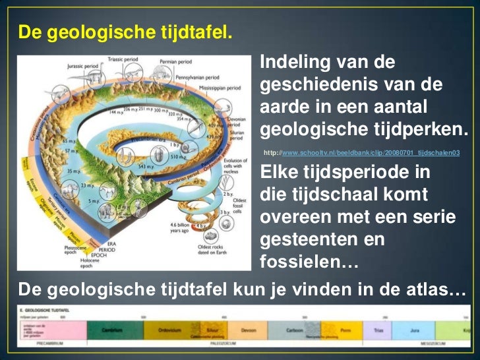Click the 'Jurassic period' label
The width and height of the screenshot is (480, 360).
[83, 66]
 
